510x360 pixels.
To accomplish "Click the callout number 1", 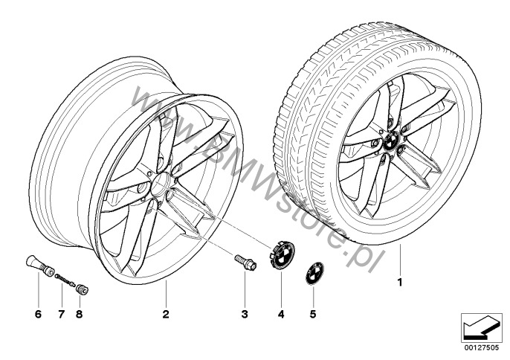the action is pyautogui.click(x=400, y=282).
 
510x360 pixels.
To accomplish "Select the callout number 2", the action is pyautogui.click(x=166, y=314).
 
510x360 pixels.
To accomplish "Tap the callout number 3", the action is pyautogui.click(x=245, y=314).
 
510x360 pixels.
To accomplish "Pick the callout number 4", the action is pyautogui.click(x=281, y=314).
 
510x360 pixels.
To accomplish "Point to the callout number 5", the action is pyautogui.click(x=312, y=314).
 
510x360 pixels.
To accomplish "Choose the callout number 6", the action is pyautogui.click(x=38, y=314).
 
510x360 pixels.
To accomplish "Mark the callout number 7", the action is pyautogui.click(x=62, y=314).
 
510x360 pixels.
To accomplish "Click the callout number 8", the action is pyautogui.click(x=79, y=314).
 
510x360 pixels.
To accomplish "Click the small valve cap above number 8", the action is pyautogui.click(x=83, y=289).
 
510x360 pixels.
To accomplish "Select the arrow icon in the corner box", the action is pyautogui.click(x=482, y=328).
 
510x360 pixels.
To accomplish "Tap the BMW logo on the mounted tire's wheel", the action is pyautogui.click(x=390, y=141).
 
